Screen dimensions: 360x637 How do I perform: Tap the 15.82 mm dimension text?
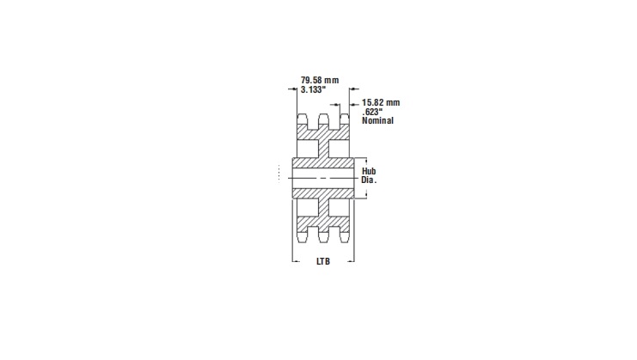[381, 102]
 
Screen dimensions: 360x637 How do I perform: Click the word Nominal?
[377, 121]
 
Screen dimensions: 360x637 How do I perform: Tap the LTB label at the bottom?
[322, 261]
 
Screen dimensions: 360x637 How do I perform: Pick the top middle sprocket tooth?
[324, 119]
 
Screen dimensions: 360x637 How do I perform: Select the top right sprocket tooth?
[344, 119]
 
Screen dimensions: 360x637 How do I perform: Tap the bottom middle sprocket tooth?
[324, 234]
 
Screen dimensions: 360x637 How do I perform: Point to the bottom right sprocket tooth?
[344, 234]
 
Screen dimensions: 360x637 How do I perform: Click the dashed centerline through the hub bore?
[323, 178]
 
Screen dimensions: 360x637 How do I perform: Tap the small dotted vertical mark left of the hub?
[278, 173]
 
